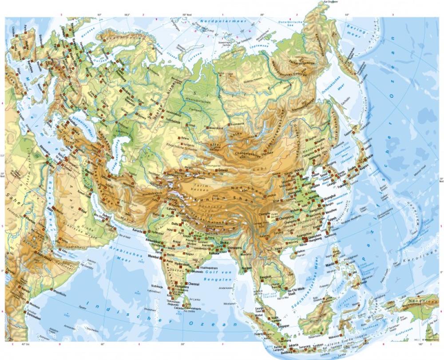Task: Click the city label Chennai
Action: coord(194,283)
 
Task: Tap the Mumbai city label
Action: coord(153,256)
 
